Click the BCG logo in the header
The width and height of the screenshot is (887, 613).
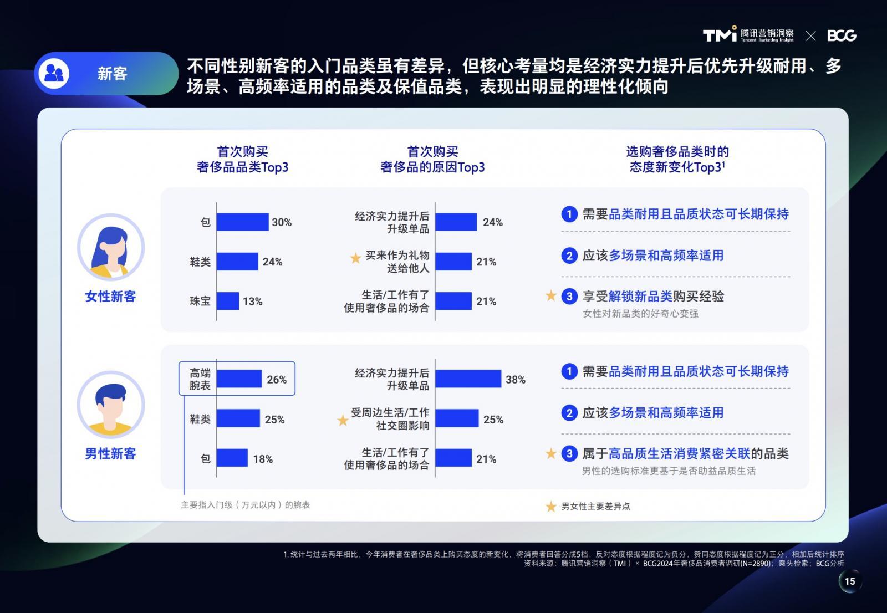(x=842, y=35)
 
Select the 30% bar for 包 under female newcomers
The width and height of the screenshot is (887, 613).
(x=242, y=222)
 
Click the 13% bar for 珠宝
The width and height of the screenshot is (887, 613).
(x=228, y=301)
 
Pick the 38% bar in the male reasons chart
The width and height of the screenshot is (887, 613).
(x=468, y=379)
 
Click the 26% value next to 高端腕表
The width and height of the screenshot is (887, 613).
(x=277, y=379)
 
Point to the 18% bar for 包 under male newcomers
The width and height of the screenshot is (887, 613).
(x=232, y=458)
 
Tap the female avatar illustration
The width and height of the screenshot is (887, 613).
(x=111, y=247)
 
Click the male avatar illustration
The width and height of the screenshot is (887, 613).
(x=111, y=405)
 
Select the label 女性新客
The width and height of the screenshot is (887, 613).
(x=110, y=296)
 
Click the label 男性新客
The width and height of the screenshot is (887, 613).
(x=110, y=453)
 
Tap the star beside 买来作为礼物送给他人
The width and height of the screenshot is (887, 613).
(x=355, y=258)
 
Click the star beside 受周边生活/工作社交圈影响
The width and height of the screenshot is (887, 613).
(x=343, y=420)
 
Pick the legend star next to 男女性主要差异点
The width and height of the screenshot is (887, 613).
(x=551, y=506)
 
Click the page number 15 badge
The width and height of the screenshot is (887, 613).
(x=850, y=581)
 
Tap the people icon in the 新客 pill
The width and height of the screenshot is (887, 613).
(x=54, y=73)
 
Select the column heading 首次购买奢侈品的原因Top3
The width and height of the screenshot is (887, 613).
(x=432, y=159)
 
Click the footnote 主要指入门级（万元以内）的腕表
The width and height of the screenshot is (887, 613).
(x=246, y=505)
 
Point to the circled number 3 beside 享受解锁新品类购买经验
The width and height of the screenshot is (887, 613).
(x=569, y=296)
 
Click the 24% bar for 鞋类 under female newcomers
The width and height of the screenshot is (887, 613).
(x=237, y=262)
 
